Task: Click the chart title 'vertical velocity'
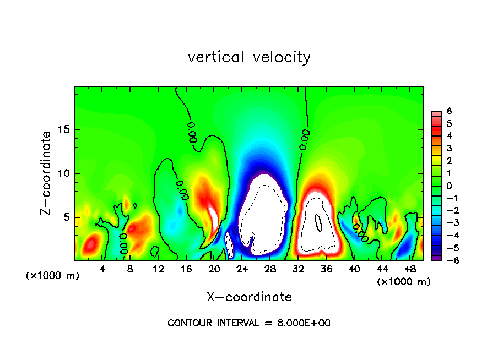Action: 249,57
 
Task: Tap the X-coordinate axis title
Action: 249,297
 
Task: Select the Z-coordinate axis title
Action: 46,173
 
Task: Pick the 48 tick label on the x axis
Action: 410,269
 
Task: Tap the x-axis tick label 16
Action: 186,269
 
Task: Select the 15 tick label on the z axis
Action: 64,129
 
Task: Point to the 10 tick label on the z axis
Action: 64,173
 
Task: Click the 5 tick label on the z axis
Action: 67,217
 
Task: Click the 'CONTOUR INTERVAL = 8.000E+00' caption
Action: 249,323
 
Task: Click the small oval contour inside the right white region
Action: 318,222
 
